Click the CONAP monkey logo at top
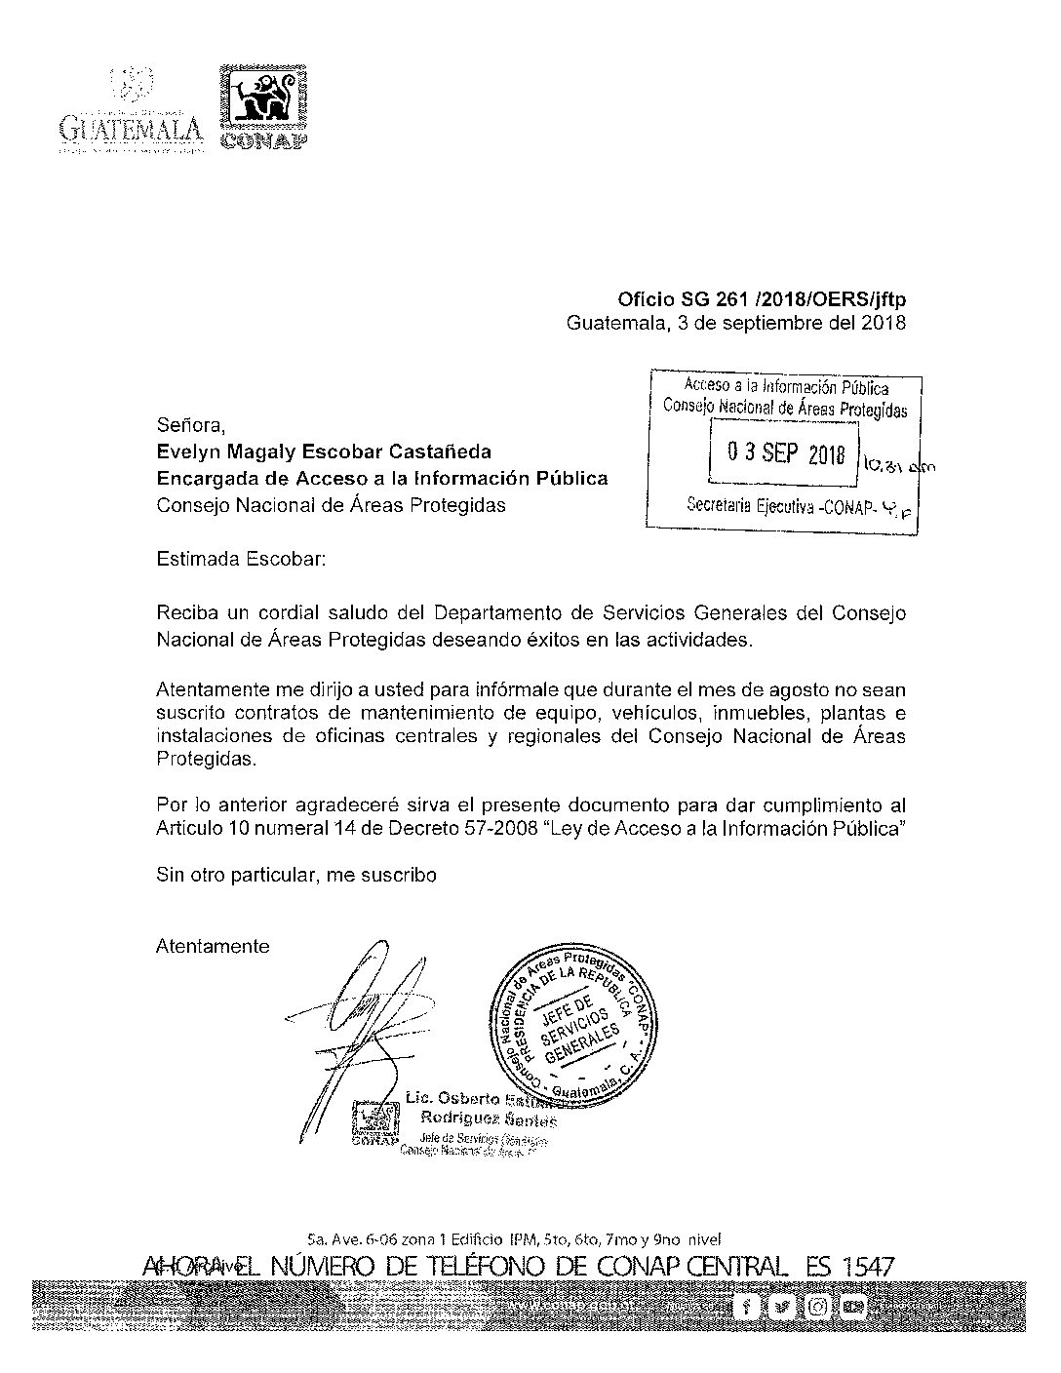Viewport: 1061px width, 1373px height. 261,97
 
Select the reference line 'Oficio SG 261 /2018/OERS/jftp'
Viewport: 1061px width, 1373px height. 762,300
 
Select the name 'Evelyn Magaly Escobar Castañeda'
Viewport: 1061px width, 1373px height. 324,451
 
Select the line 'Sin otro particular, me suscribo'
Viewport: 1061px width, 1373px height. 296,875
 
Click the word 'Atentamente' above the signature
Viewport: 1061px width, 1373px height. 213,946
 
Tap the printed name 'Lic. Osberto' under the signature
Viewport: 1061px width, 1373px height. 451,1098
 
